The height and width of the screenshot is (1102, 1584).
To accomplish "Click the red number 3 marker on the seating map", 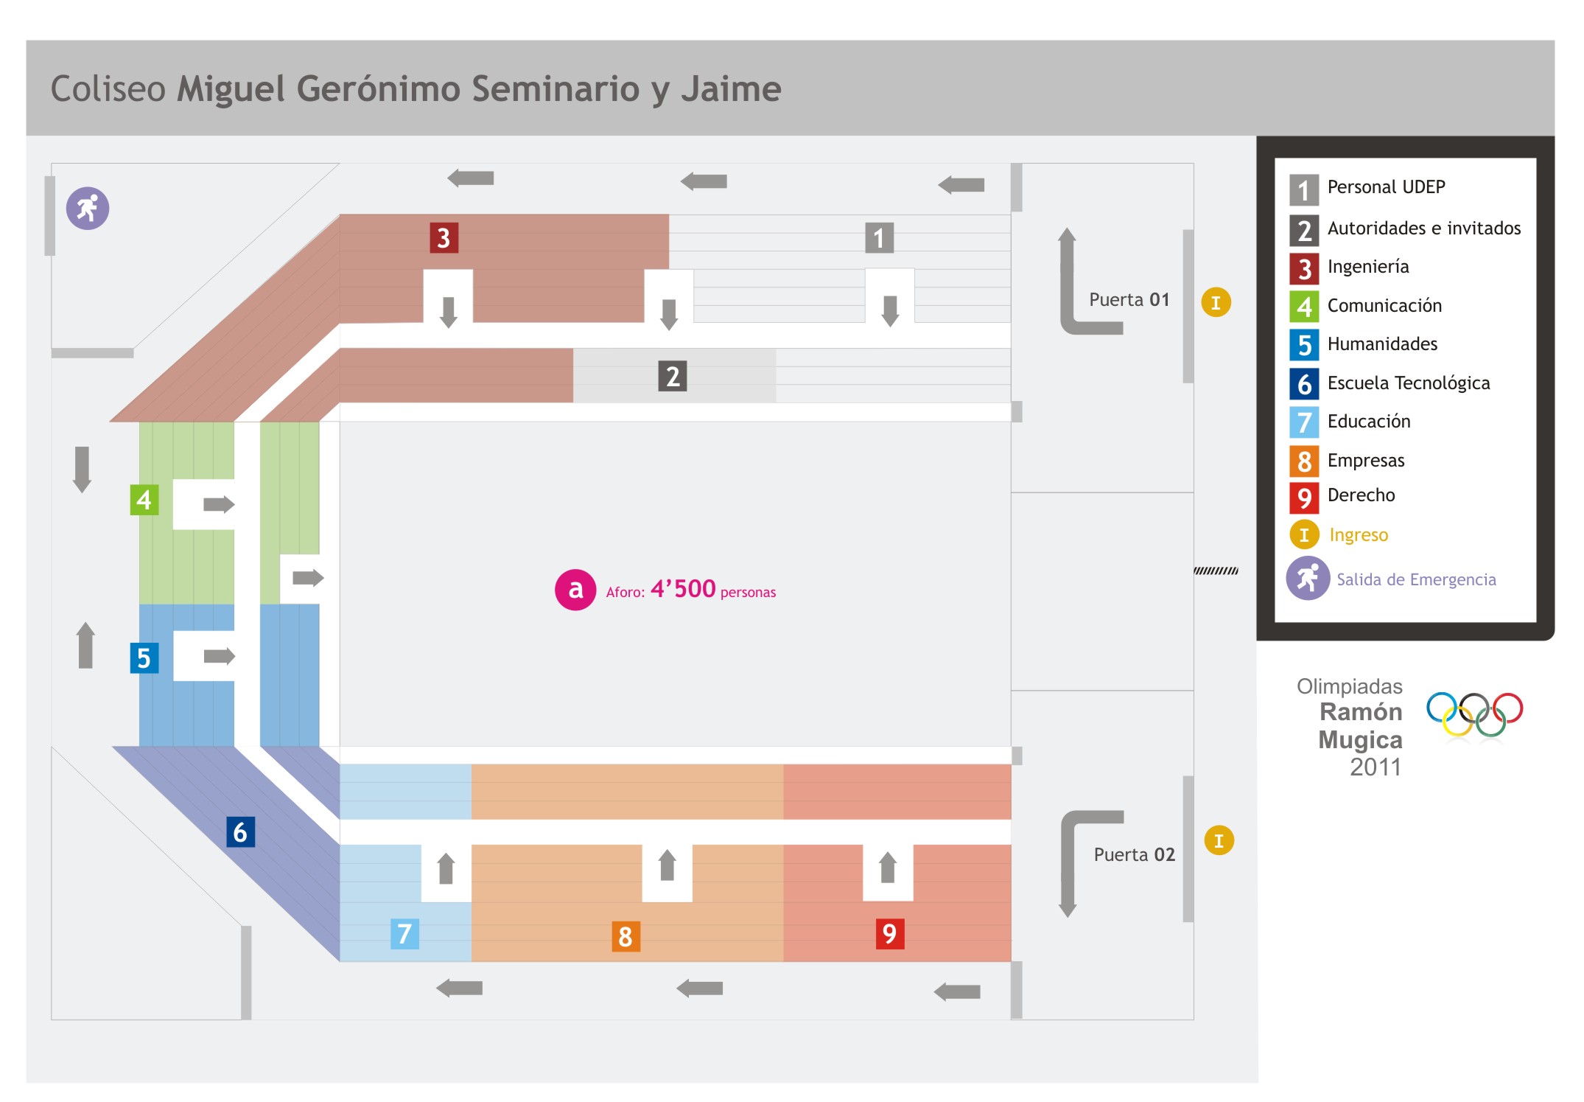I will pyautogui.click(x=444, y=238).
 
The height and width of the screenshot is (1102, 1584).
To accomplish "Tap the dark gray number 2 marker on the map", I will pyautogui.click(x=672, y=376).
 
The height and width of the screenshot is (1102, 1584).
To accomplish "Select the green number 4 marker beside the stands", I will pyautogui.click(x=144, y=500).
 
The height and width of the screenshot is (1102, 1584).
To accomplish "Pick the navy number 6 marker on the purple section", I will pyautogui.click(x=240, y=832).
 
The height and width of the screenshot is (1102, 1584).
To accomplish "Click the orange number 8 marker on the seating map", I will pyautogui.click(x=625, y=936).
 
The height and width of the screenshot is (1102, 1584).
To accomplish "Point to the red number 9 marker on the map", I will pyautogui.click(x=889, y=934).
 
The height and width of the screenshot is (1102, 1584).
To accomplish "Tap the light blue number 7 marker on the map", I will pyautogui.click(x=404, y=934).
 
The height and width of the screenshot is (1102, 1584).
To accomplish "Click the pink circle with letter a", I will pyautogui.click(x=575, y=590).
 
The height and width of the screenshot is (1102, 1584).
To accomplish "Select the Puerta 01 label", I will pyautogui.click(x=1129, y=300).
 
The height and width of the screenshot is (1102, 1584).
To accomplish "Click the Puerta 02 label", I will pyautogui.click(x=1134, y=854).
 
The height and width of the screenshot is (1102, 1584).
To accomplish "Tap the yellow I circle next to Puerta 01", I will pyautogui.click(x=1216, y=302).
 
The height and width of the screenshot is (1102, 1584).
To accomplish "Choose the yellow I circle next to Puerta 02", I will pyautogui.click(x=1219, y=840).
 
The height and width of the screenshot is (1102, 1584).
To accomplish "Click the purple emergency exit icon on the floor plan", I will pyautogui.click(x=88, y=209).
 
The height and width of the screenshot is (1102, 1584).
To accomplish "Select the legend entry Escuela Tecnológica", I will pyautogui.click(x=1408, y=383).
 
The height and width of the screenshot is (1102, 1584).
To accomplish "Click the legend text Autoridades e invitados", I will pyautogui.click(x=1423, y=229).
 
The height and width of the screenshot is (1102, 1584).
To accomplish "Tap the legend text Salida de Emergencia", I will pyautogui.click(x=1416, y=580).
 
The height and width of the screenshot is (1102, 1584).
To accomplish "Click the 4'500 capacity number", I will pyautogui.click(x=683, y=589).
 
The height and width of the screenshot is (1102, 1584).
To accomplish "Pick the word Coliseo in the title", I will pyautogui.click(x=108, y=89).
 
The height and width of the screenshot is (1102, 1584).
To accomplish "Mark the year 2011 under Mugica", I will pyautogui.click(x=1375, y=767).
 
